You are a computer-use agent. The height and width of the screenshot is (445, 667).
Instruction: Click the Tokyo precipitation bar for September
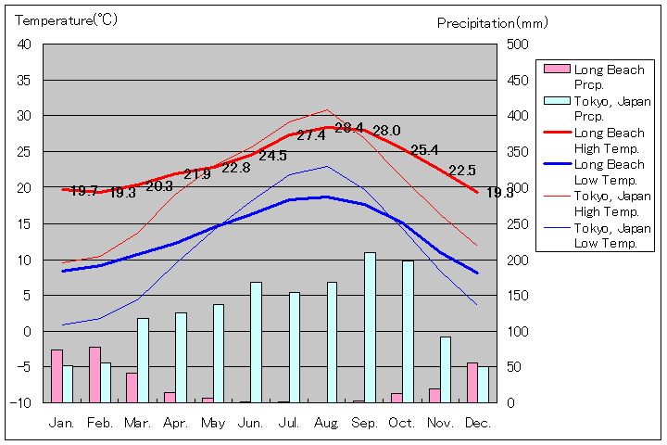370,327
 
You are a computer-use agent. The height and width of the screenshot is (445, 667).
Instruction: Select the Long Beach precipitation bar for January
57,376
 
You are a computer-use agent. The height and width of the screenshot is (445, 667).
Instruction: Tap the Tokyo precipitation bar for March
143,361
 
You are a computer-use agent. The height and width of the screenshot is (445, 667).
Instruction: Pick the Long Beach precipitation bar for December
472,383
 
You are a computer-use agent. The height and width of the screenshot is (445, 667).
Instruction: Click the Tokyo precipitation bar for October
408,332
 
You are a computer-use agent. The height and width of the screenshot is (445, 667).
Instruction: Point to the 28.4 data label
349,128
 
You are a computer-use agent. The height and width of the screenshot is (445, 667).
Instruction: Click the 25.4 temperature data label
424,150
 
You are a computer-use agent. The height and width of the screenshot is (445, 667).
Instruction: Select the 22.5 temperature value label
461,171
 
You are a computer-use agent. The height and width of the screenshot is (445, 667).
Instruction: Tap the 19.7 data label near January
84,191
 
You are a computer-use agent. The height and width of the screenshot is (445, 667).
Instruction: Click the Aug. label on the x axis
326,423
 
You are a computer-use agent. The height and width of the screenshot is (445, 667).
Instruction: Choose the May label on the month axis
212,423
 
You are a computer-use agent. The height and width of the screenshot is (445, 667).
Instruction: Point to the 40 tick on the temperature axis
24,44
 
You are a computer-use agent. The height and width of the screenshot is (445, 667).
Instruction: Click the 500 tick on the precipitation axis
517,44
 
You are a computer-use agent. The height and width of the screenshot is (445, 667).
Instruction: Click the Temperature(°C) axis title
68,20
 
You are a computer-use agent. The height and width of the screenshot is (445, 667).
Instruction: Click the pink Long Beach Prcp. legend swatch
556,70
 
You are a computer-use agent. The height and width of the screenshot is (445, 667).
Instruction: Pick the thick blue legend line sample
556,164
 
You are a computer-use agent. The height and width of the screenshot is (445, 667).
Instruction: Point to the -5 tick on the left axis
24,367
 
